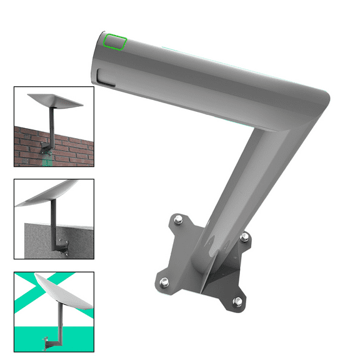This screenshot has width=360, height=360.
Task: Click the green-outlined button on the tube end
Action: coord(115,42)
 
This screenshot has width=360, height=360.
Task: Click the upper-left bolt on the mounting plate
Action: coord(178,219)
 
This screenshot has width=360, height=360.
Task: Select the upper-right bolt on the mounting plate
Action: coord(245,237)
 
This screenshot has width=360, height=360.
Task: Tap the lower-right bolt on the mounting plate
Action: coord(237,302)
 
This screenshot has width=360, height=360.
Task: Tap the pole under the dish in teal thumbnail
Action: coord(60,325)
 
